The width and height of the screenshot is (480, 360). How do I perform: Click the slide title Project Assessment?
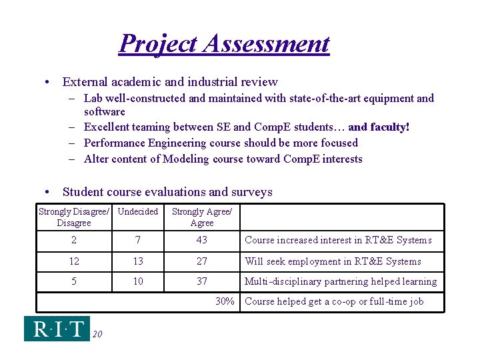(224, 44)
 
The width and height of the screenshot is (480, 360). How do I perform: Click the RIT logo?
(57, 329)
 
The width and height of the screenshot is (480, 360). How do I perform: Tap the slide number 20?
(97, 334)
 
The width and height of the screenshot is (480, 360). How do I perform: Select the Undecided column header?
(138, 212)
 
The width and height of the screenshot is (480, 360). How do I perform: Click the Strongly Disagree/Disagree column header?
(74, 217)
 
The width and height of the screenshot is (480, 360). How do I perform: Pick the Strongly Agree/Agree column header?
(202, 217)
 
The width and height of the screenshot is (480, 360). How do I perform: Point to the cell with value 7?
(138, 240)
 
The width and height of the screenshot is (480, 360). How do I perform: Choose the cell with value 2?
(74, 240)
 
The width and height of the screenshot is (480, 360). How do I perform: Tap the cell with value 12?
(74, 261)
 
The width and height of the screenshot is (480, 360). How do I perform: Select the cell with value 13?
(138, 261)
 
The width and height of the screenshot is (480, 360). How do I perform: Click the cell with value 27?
(202, 261)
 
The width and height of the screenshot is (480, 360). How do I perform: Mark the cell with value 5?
(74, 281)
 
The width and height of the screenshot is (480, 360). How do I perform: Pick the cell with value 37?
(202, 281)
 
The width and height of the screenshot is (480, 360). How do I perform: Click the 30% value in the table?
(225, 301)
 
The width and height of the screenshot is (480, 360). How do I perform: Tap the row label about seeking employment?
(333, 261)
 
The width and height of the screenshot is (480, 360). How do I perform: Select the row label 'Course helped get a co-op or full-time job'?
(335, 301)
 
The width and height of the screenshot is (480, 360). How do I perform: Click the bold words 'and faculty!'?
(379, 127)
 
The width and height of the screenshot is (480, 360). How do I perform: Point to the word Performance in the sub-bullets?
(116, 143)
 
